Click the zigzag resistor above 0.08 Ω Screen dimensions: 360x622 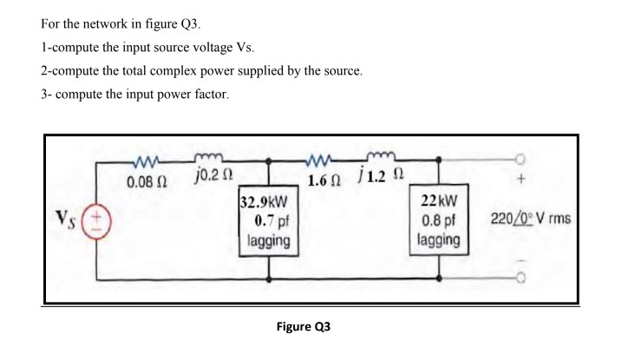tap(141, 160)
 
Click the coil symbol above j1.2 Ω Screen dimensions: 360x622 tap(381, 160)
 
